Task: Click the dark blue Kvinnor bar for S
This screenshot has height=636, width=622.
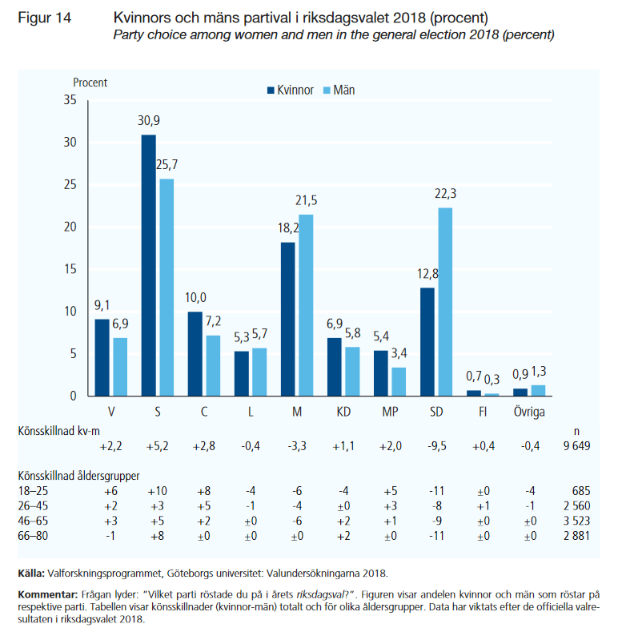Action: (x=149, y=265)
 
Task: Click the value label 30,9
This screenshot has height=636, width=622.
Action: (x=149, y=122)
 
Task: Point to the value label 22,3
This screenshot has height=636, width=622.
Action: (x=446, y=195)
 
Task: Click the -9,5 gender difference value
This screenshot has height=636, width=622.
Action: (x=436, y=446)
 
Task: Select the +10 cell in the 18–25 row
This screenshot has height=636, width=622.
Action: (x=158, y=490)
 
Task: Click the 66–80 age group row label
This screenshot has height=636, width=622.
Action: (x=35, y=533)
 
